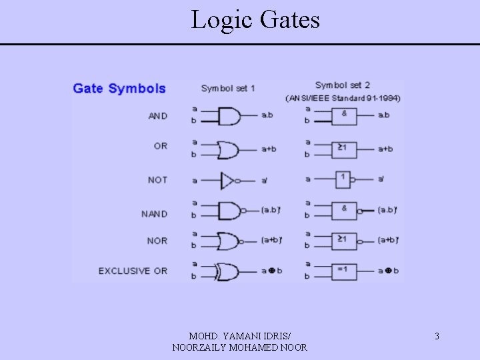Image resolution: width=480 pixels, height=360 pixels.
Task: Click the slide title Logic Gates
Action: click(x=255, y=20)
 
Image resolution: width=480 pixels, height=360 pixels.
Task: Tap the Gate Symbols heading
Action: click(x=119, y=88)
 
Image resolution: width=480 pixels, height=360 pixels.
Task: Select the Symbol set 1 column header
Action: click(x=228, y=88)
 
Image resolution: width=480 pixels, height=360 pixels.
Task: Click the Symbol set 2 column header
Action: click(x=343, y=85)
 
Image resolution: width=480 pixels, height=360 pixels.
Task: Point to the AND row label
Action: click(x=158, y=116)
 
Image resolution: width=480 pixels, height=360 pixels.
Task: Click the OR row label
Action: click(x=161, y=146)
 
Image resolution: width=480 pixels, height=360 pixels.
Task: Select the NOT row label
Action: click(x=158, y=180)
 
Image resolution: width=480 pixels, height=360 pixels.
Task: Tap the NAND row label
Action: click(x=155, y=214)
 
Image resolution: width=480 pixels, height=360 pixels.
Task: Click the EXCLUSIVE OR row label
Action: click(x=133, y=271)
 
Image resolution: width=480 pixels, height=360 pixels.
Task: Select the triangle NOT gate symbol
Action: click(x=227, y=180)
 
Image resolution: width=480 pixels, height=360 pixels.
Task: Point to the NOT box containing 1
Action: click(x=342, y=179)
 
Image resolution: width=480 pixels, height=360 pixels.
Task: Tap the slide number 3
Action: click(x=437, y=336)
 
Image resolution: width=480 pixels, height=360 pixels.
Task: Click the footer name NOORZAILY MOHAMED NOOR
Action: click(x=239, y=347)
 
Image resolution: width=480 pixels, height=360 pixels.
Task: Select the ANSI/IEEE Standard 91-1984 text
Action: click(x=343, y=99)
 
